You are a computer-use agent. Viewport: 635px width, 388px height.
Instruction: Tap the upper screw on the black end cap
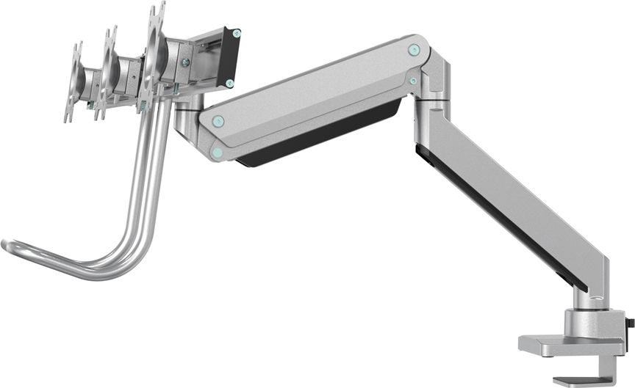[236, 32]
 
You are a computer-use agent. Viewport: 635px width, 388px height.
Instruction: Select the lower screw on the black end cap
[229, 83]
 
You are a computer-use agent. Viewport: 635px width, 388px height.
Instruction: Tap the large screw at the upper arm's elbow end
[413, 50]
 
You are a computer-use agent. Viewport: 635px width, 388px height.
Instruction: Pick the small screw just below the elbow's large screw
[414, 81]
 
